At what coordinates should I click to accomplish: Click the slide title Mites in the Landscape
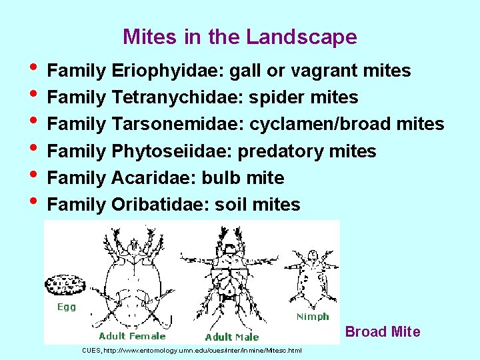click(240, 37)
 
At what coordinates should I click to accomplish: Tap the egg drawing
click(65, 285)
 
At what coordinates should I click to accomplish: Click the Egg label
click(66, 307)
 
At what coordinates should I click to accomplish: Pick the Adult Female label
click(132, 336)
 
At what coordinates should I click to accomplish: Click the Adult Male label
click(232, 337)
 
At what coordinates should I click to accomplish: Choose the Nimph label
click(313, 317)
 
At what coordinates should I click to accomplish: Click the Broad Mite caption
click(383, 332)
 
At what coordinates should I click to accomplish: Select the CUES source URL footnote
click(192, 351)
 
